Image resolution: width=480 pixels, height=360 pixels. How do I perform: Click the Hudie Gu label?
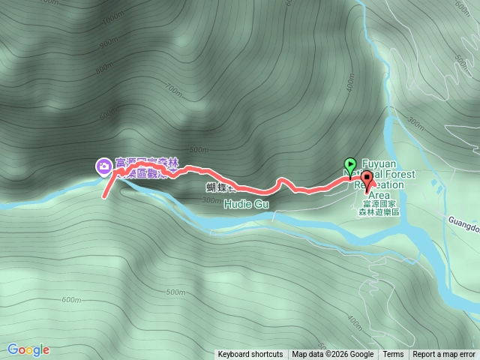(245, 203)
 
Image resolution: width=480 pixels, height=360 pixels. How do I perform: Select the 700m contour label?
(175, 92)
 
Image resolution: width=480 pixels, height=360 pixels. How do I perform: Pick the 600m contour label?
(71, 300)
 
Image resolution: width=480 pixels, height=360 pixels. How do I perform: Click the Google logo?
(28, 349)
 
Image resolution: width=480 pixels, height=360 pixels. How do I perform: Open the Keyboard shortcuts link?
(250, 355)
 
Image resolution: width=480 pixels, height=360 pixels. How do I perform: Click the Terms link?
(393, 355)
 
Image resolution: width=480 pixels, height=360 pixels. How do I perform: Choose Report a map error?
(445, 355)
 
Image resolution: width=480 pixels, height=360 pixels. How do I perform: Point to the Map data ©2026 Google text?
(333, 355)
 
